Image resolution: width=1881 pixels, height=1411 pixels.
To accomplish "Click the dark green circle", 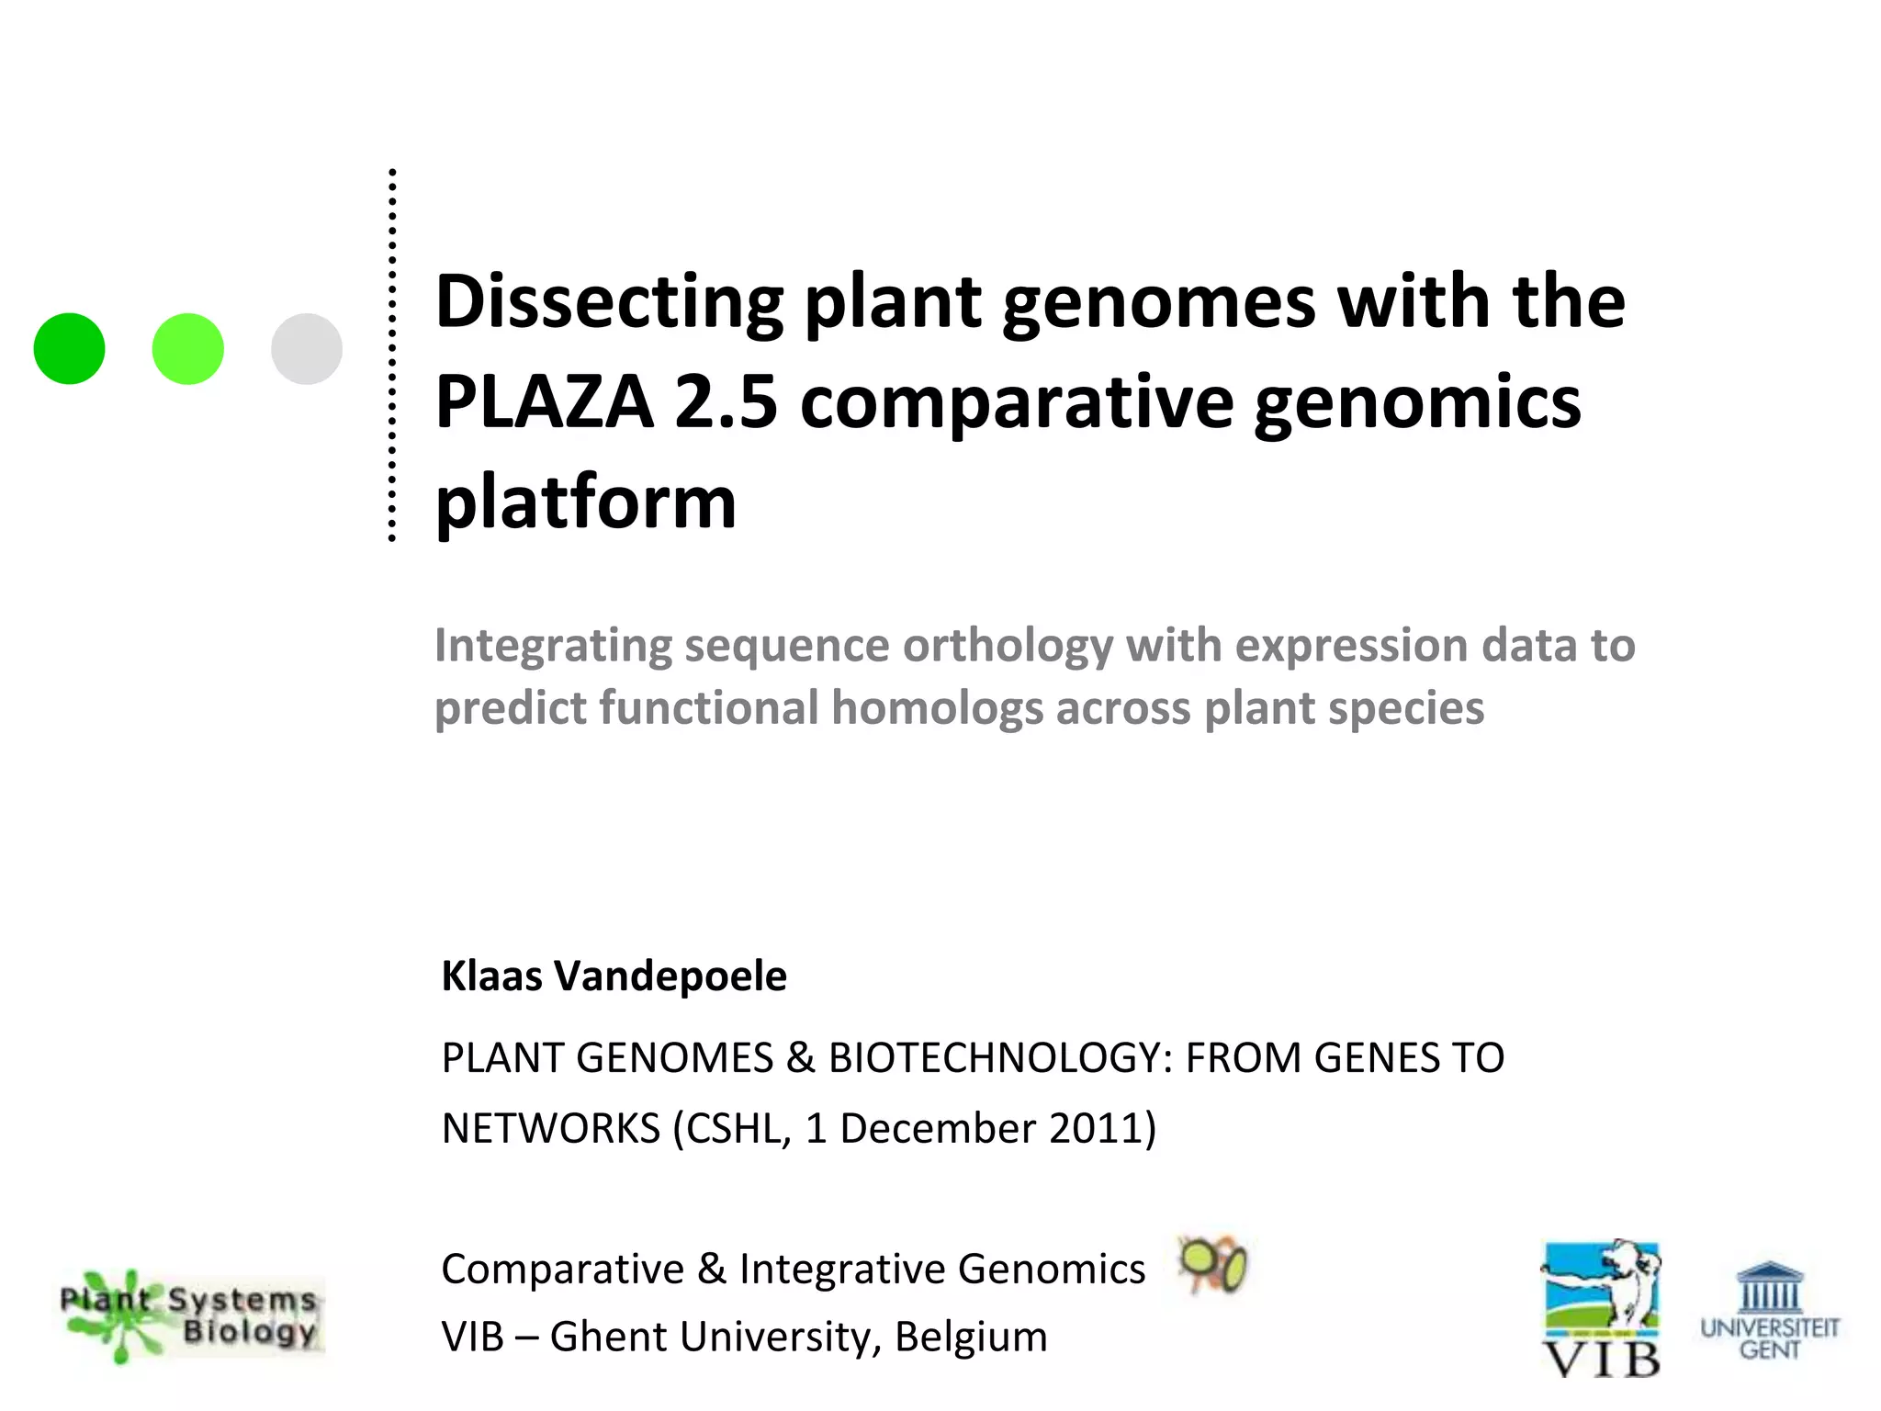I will (69, 349).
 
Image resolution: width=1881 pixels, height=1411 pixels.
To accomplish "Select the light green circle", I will (188, 349).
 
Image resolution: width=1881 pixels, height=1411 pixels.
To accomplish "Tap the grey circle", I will (307, 349).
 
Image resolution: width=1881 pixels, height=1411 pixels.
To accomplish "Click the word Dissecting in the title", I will (609, 303).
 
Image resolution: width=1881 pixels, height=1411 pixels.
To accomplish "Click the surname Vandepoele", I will (670, 976).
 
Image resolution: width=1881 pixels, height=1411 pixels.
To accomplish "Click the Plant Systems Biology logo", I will (190, 1316).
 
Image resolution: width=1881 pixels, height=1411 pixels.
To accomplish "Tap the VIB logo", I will (1601, 1309).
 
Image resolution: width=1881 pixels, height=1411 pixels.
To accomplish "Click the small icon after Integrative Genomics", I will (1212, 1265).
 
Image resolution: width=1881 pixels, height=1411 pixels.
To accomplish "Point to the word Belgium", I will (971, 1337).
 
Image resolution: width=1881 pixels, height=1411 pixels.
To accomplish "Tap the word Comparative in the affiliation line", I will (562, 1270).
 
